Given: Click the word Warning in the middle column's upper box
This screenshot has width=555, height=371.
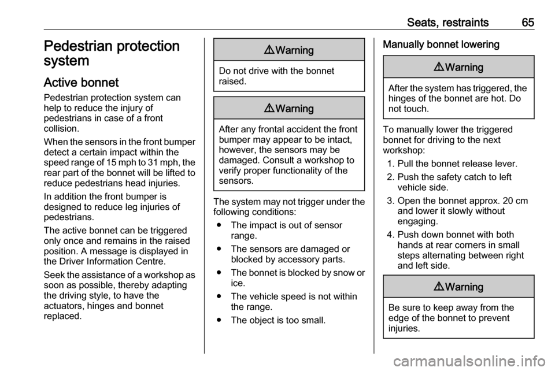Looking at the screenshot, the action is pos(295,50).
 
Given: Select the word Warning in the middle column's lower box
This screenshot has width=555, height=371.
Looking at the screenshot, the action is pos(295,109).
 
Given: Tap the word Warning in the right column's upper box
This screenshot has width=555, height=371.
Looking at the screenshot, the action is pos(464,68).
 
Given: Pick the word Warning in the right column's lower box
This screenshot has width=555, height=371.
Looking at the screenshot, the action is pos(464,287).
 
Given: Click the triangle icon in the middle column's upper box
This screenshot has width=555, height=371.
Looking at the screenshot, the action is pos(270,50).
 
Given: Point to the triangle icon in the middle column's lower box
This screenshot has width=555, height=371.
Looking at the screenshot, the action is pos(270,109).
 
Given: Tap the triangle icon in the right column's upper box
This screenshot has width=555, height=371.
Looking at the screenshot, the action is pos(439,68).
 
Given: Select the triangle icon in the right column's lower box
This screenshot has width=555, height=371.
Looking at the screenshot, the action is pos(439,287).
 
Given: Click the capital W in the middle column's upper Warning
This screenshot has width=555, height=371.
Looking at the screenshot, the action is pos(280,50).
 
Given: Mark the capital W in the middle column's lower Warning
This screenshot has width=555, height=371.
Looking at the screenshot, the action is pos(280,109).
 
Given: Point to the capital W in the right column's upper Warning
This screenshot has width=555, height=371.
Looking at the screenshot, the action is pos(449,68).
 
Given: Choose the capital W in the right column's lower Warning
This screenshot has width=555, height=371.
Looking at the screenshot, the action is pos(449,287).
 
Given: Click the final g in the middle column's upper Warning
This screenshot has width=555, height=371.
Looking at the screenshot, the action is pos(310,51).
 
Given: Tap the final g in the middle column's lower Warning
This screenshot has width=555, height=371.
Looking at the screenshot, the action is pos(310,110).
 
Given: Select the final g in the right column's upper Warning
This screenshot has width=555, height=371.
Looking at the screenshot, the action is pos(480,69).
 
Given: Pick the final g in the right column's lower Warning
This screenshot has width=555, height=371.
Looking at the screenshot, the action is pos(480,288).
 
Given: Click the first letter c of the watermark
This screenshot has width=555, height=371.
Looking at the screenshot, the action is pos(399,362).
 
